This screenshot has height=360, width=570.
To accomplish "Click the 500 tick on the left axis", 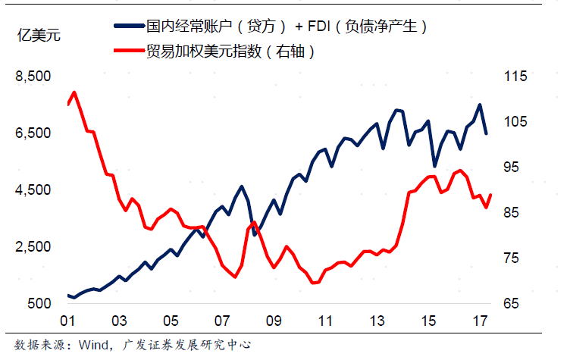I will click(x=39, y=304).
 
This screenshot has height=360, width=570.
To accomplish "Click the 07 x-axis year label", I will click(x=221, y=321).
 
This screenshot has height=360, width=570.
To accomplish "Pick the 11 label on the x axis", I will click(x=324, y=321).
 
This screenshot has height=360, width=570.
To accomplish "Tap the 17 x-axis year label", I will click(x=480, y=321).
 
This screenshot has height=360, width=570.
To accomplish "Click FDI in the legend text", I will click(x=321, y=27).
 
